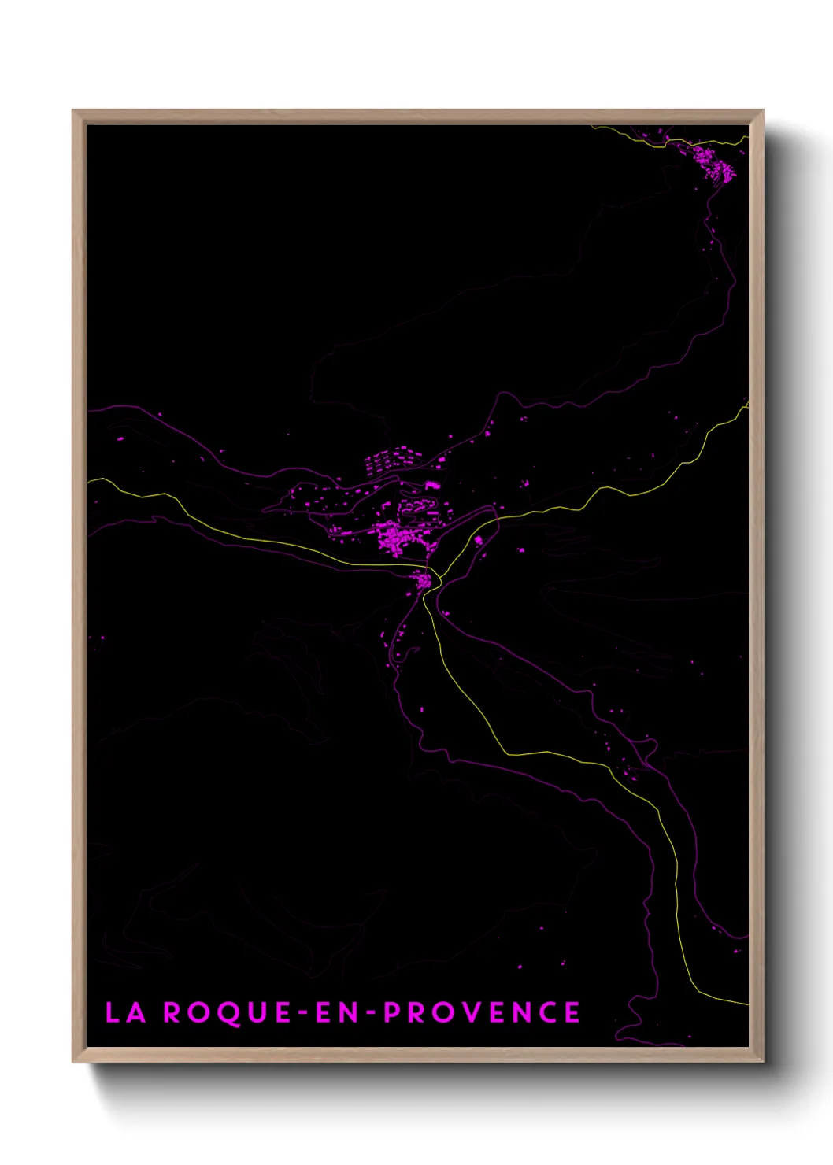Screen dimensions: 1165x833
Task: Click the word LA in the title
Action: [x=126, y=1012]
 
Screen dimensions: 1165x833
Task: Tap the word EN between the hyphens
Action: [x=337, y=1012]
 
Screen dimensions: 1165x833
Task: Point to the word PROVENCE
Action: [x=482, y=1012]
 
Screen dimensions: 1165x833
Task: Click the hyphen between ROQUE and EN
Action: [x=304, y=1013]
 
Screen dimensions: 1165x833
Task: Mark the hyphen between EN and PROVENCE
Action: [x=372, y=1013]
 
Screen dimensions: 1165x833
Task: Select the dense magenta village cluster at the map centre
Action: [x=398, y=538]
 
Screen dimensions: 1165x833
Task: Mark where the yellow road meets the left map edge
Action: [x=88, y=479]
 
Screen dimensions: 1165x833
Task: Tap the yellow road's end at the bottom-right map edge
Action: [x=747, y=1004]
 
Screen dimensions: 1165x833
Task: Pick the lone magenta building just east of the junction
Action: [x=478, y=540]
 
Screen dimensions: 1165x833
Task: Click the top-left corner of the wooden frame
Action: [x=73, y=111]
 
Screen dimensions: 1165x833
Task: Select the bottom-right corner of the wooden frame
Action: [x=762, y=1061]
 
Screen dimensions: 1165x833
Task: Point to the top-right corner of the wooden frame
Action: [x=762, y=111]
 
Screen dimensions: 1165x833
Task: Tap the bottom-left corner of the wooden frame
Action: [x=73, y=1061]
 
